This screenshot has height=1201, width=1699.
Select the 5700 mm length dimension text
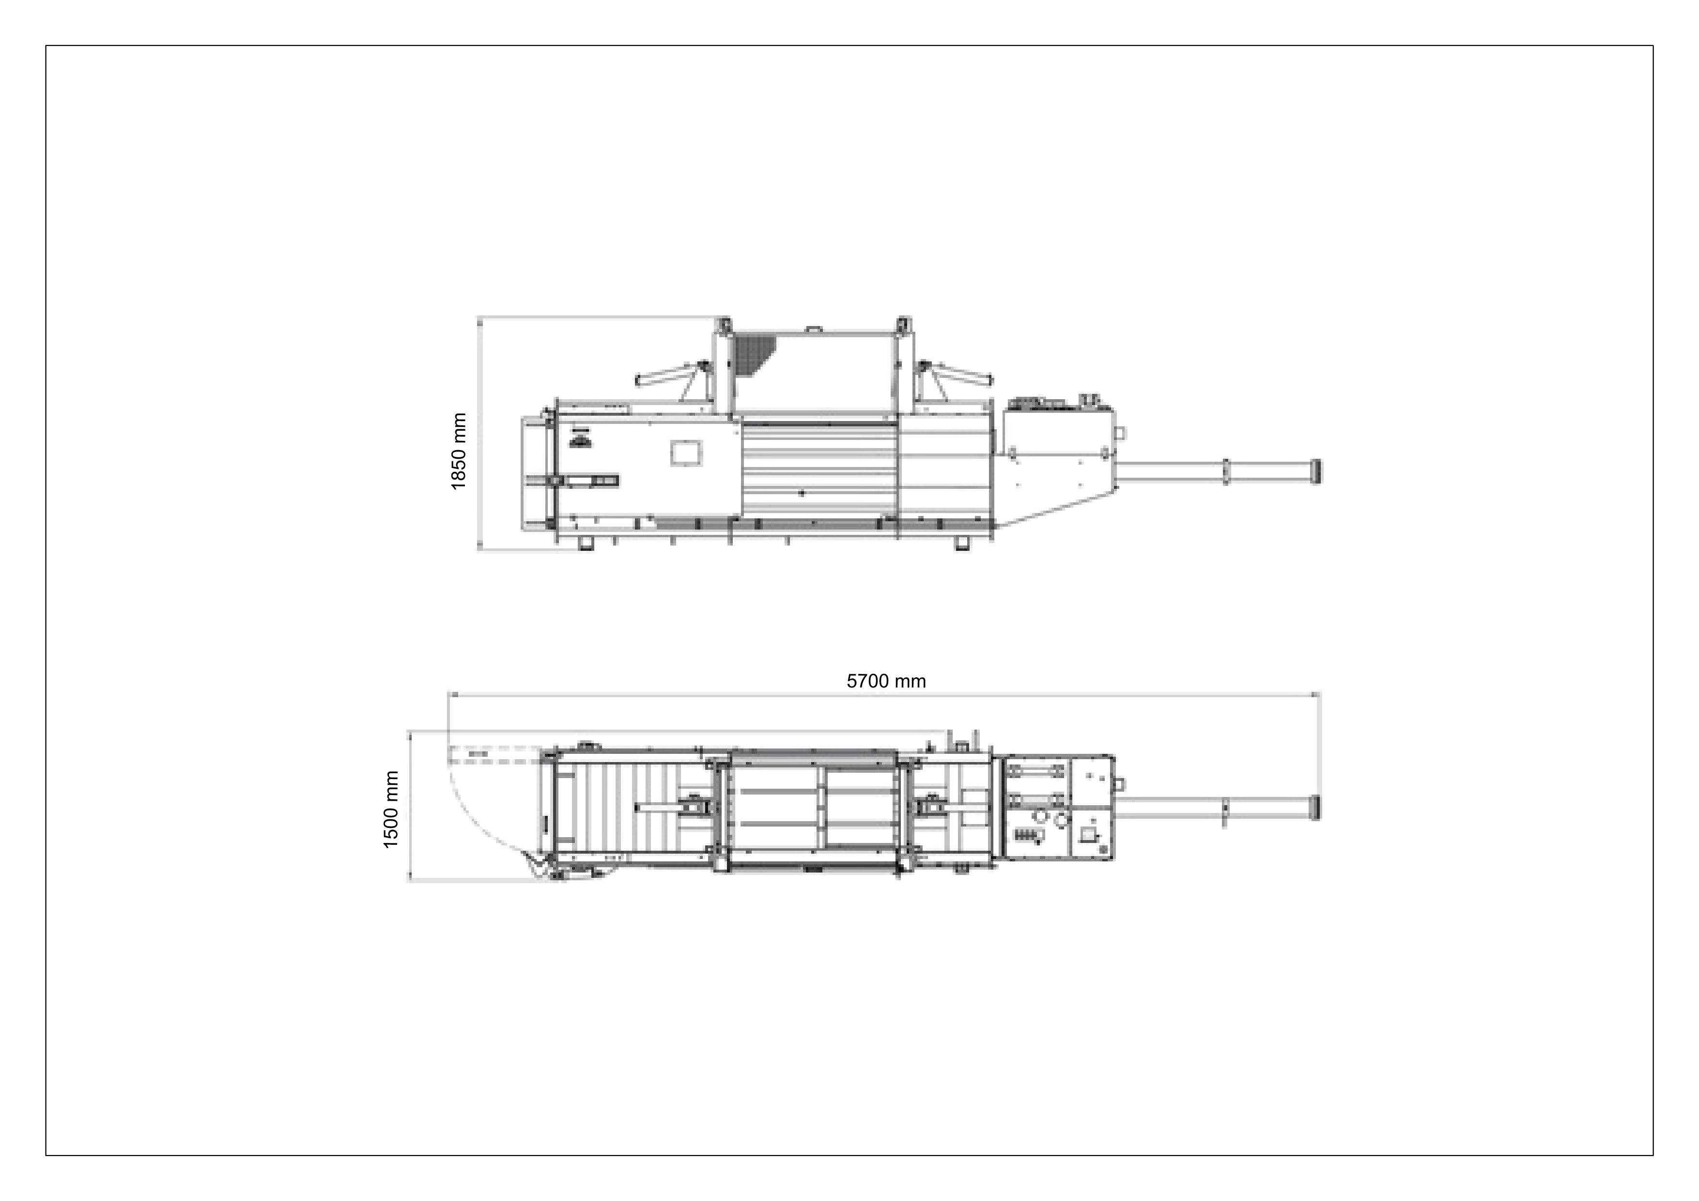click(886, 681)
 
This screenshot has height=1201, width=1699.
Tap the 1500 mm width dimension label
click(391, 809)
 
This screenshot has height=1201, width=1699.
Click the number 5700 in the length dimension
click(869, 681)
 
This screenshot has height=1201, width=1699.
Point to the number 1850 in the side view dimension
click(459, 465)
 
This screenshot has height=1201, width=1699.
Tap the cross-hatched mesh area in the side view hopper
click(753, 354)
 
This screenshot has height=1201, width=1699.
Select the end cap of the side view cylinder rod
click(1315, 471)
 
